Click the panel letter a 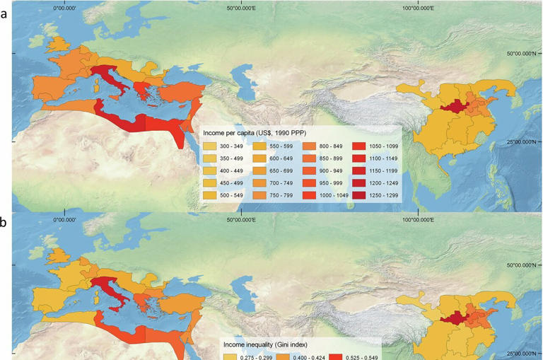click(x=6, y=13)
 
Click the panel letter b click(x=6, y=221)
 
